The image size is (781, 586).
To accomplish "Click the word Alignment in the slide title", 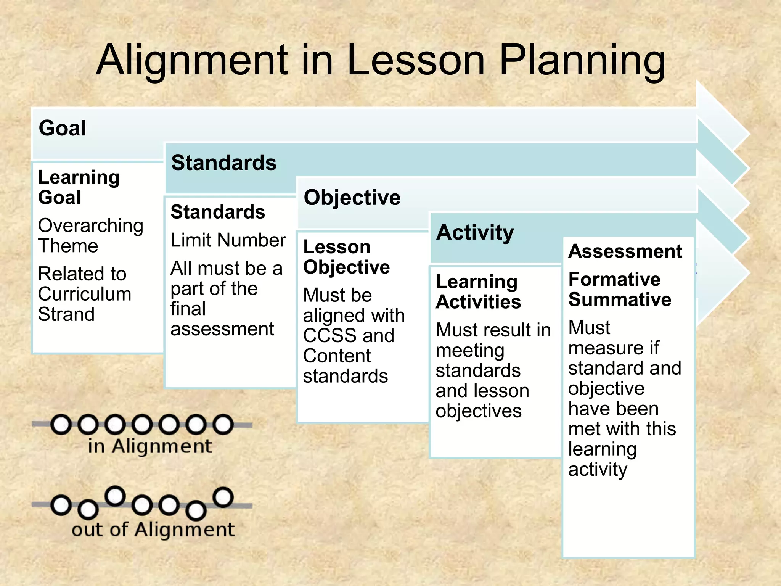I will point(193,60).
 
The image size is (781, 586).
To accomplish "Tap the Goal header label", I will point(63,128).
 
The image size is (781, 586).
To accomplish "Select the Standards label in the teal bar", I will point(224,163).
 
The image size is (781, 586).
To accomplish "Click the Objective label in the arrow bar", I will point(352,198).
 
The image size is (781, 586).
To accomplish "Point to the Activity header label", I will point(475,232).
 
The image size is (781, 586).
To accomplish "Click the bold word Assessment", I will point(625,251).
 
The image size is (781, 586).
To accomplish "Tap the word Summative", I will point(620,299).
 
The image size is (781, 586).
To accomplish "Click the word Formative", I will point(614,279).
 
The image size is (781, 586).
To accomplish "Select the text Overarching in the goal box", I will point(91,225).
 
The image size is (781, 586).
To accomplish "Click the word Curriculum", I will point(85,294).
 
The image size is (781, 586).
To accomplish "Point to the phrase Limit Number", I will point(228,240).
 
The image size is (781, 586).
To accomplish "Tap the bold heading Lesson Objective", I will point(346,257).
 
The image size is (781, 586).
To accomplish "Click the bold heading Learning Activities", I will point(478,292).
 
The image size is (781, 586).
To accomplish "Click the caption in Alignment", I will point(150,446).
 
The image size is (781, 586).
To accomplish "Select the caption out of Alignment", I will point(153,530).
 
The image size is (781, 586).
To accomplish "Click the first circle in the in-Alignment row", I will point(61,425).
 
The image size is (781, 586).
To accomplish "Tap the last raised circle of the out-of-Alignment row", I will point(223,497).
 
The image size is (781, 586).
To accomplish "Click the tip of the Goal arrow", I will point(748,134).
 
